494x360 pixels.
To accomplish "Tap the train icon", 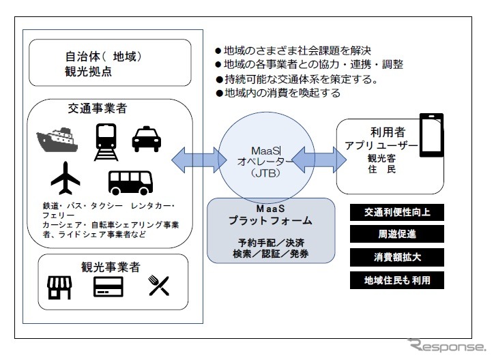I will point(104,140).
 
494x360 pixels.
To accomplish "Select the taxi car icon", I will point(145,138).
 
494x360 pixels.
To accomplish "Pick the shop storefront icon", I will point(59,288).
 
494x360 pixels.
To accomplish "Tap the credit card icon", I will point(108,288).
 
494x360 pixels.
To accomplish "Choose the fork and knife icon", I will point(159,288).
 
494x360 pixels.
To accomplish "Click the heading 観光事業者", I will point(110,267).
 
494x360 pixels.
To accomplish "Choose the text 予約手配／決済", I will point(270,242).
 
